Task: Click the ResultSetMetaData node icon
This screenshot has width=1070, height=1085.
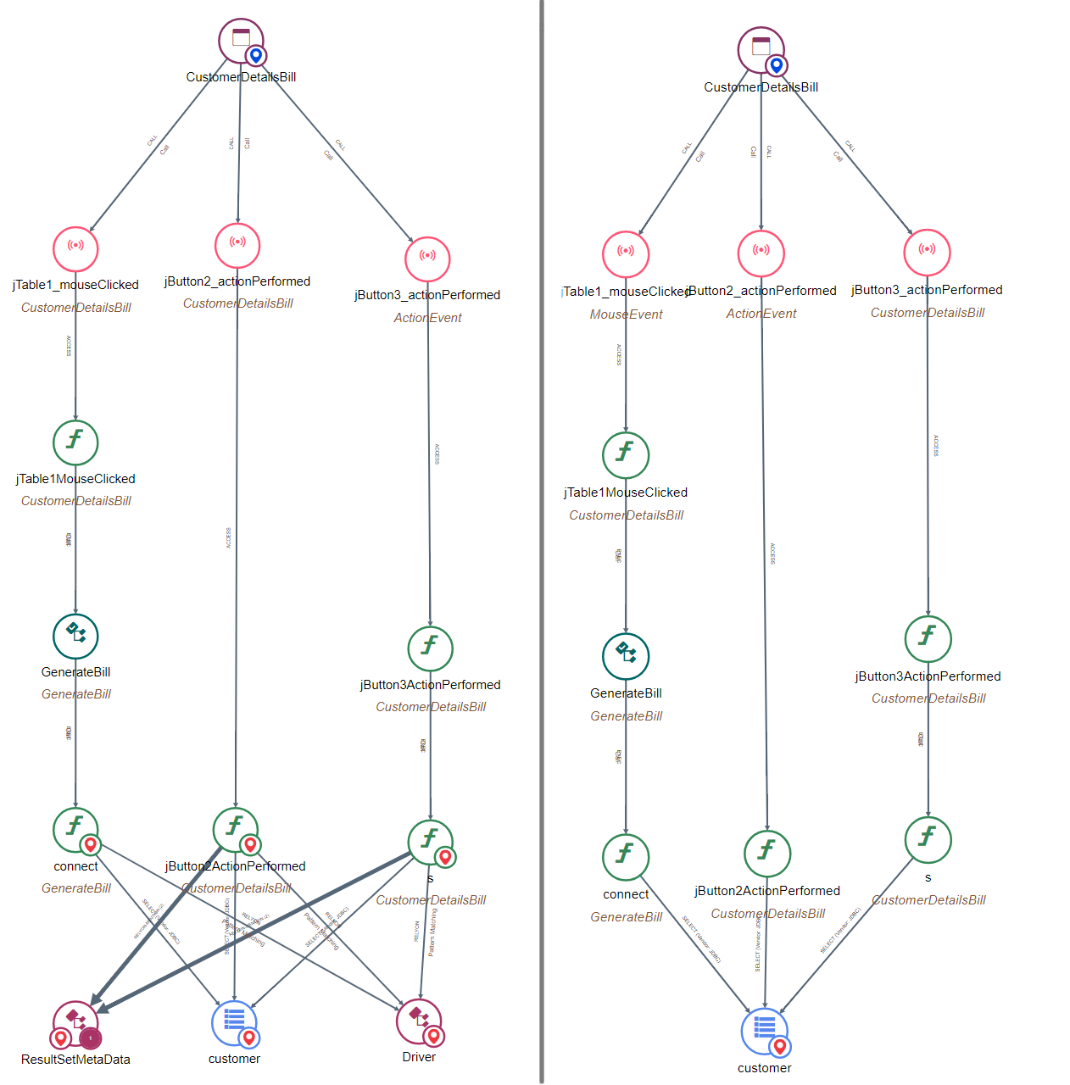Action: (75, 1022)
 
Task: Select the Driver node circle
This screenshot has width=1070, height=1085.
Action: (418, 1021)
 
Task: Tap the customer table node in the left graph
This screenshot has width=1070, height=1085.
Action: (234, 1023)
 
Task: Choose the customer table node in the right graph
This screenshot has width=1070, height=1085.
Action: (764, 1031)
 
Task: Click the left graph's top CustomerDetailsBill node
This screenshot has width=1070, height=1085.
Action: (241, 41)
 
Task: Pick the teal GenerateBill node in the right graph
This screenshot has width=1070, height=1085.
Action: (626, 656)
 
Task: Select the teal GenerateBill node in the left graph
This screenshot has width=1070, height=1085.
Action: (75, 636)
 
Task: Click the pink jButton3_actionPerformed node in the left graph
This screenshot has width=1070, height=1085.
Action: (427, 259)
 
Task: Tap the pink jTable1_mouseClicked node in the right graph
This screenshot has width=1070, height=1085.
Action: (626, 253)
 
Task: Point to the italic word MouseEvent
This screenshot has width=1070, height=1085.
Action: (626, 314)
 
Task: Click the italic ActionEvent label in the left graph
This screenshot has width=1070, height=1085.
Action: (427, 318)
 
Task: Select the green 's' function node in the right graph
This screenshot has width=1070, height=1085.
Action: (928, 839)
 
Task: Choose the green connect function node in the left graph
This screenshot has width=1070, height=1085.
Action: (75, 829)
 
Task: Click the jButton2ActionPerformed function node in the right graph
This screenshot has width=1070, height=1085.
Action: (767, 853)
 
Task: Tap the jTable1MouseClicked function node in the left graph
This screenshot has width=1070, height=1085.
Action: (75, 442)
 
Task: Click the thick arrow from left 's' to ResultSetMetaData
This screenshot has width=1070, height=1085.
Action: (254, 932)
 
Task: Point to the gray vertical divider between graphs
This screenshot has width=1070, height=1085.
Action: (541, 542)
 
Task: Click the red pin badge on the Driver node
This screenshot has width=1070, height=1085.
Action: (434, 1035)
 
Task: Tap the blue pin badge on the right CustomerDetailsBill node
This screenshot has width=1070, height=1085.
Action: (776, 65)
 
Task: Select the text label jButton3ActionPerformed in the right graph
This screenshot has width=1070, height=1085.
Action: (928, 676)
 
